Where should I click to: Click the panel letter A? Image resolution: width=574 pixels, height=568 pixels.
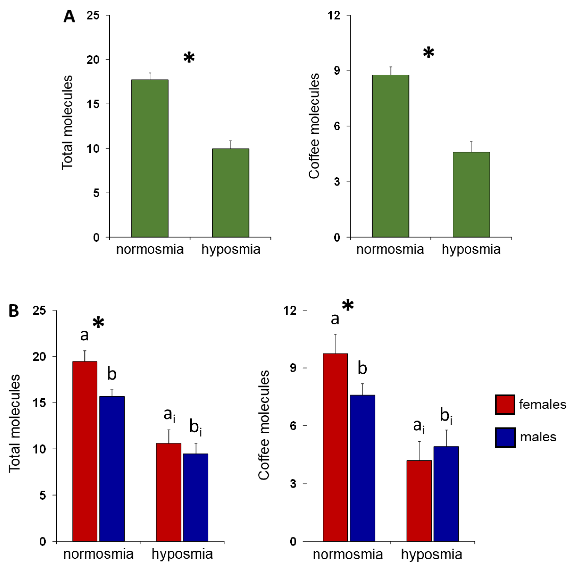click(x=69, y=17)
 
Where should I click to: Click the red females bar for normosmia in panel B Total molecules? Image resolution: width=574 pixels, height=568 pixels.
click(x=85, y=451)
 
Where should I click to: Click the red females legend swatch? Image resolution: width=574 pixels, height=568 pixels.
click(x=505, y=404)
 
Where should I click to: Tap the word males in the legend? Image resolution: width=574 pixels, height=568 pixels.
click(x=538, y=437)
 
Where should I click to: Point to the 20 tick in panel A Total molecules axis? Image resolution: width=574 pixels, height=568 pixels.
click(x=93, y=60)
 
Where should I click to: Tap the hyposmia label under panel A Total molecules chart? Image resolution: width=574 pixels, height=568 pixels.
click(x=231, y=249)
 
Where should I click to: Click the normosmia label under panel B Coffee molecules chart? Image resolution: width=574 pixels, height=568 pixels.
click(x=348, y=554)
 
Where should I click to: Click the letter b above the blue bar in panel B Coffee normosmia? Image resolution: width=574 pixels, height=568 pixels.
click(x=362, y=368)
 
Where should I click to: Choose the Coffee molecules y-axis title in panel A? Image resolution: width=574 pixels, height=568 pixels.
click(x=314, y=126)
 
